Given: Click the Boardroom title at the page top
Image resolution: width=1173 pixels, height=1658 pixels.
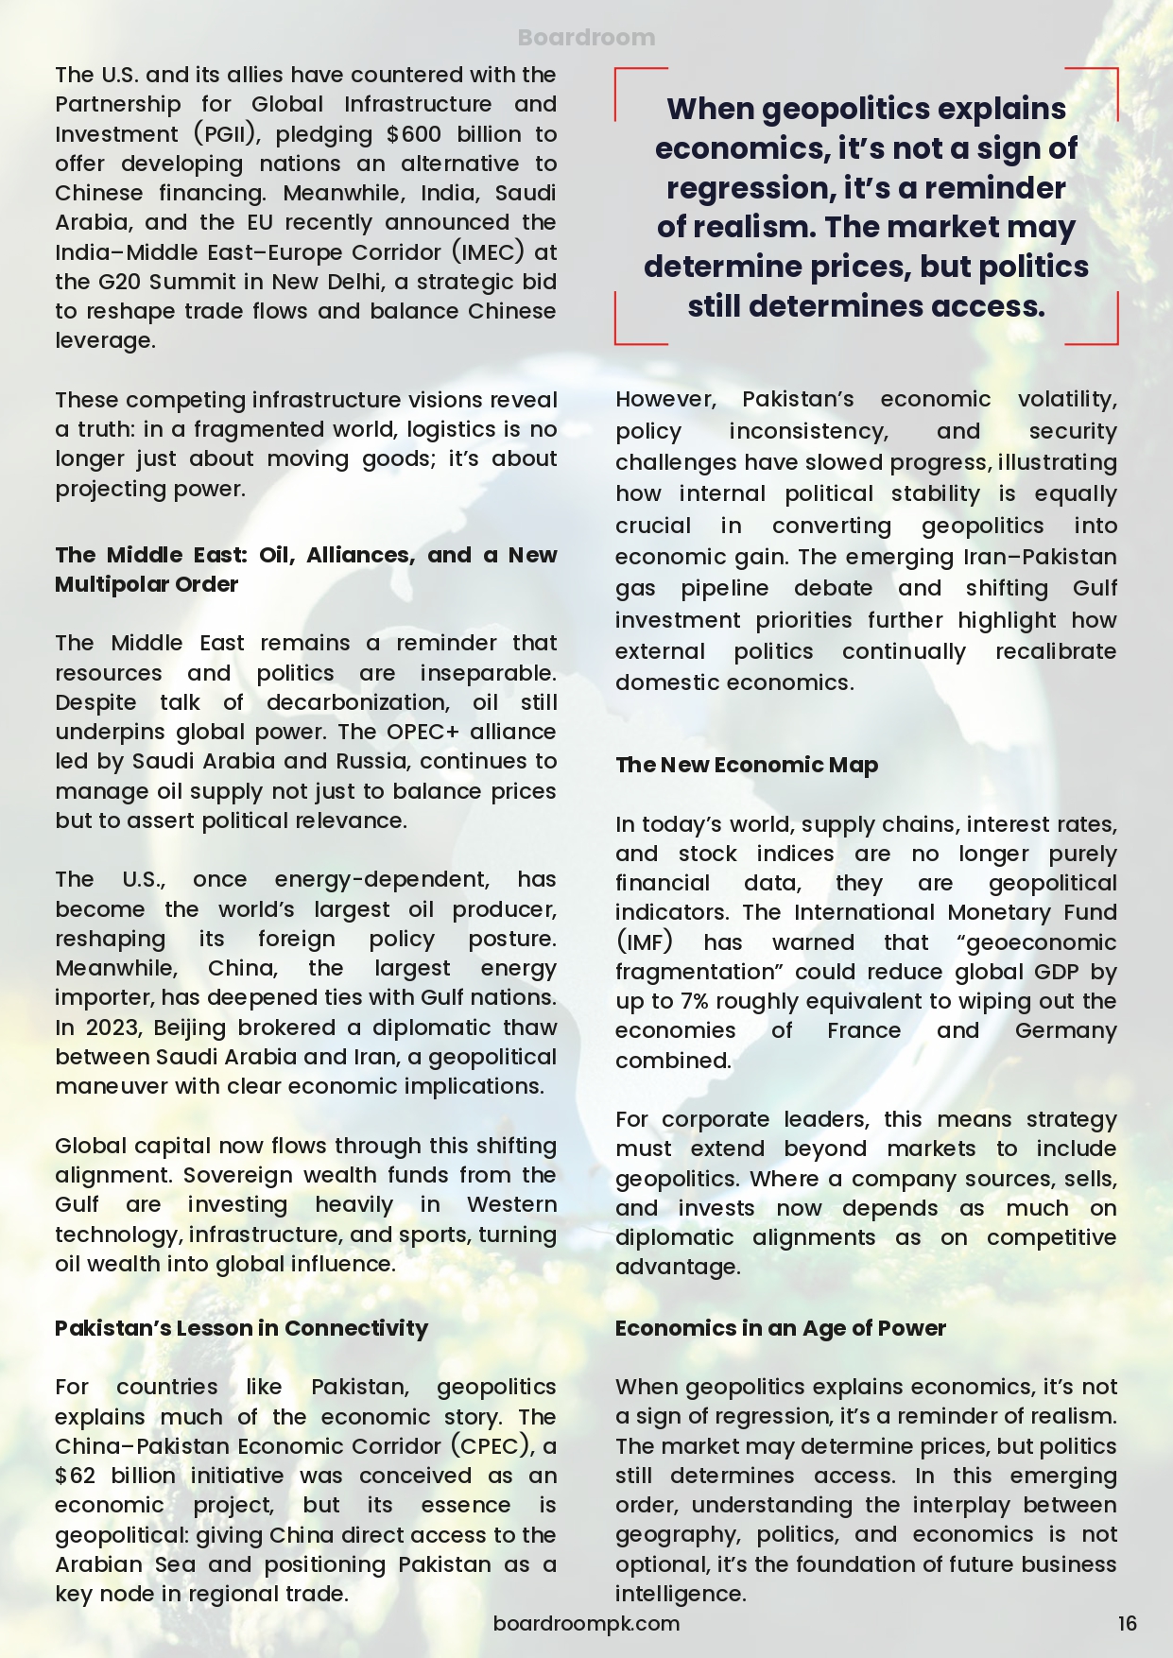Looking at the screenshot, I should coord(586,38).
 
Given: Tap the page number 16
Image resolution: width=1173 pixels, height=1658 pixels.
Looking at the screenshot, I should coord(1127,1624).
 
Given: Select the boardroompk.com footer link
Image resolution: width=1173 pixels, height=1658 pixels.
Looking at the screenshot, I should coord(586,1624).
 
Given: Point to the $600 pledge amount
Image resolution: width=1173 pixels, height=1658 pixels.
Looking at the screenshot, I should coord(414,134).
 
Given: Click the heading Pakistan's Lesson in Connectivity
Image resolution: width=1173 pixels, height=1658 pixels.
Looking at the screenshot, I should coord(241,1328).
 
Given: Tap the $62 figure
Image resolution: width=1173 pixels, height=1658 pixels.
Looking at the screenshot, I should coord(76,1476).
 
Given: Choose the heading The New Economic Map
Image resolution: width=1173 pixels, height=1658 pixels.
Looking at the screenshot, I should coord(747,765).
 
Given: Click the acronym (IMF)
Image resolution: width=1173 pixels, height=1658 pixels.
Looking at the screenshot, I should coord(644,942).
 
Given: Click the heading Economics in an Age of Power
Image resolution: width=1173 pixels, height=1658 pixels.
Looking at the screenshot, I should coord(780,1328).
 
